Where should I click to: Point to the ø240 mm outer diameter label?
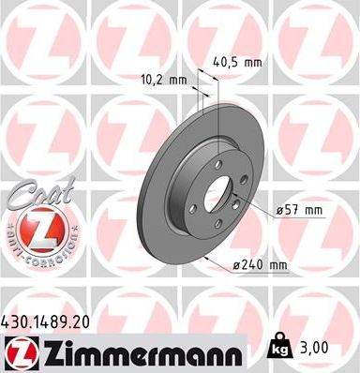point(258,265)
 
